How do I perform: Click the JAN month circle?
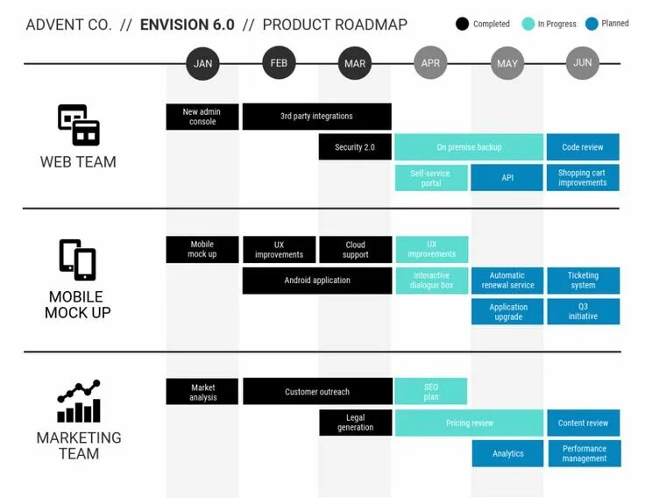point(202,63)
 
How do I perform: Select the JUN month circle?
point(583,63)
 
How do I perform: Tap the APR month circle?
point(430,63)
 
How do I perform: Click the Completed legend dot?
point(463,24)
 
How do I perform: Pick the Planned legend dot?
point(592,24)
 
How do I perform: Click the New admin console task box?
point(202,117)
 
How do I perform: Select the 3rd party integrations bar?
point(316,117)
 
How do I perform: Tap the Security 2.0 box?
point(355,147)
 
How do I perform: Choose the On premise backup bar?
point(469,147)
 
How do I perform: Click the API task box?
point(507,178)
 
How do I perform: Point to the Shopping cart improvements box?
point(583,178)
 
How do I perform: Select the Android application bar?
point(316,281)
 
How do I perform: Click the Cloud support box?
point(355,250)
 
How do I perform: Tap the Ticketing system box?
point(583,281)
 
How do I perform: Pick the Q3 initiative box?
point(583,311)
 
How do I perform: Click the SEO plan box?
point(431,392)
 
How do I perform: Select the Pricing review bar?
point(469,423)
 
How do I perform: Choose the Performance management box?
point(584,453)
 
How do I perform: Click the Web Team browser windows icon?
point(78,125)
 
